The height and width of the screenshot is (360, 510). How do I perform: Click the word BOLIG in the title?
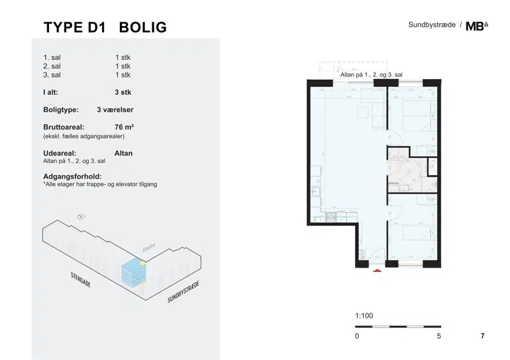(x=143, y=27)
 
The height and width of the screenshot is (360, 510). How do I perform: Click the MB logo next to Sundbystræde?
(x=477, y=26)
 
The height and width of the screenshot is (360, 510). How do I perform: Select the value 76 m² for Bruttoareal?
(x=124, y=127)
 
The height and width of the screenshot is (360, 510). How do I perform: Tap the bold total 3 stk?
(x=123, y=92)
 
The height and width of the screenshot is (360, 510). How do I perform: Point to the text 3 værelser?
(x=115, y=110)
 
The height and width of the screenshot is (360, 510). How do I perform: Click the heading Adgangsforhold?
(x=73, y=176)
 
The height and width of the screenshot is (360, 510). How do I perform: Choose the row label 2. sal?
(x=52, y=66)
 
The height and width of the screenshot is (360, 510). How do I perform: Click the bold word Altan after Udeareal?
(x=124, y=153)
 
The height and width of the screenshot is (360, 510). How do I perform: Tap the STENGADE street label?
(x=81, y=280)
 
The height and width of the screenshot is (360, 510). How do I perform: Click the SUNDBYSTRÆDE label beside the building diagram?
(x=183, y=292)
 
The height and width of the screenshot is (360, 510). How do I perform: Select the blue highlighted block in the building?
(x=134, y=273)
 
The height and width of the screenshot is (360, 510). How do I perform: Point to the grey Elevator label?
(x=149, y=247)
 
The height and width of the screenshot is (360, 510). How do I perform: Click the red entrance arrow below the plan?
(x=377, y=270)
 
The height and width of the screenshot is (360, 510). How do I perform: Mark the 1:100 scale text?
(x=364, y=316)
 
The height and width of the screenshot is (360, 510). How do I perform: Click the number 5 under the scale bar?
(x=439, y=336)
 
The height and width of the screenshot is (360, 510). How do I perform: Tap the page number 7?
(x=483, y=336)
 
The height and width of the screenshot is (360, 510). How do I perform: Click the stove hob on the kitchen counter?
(x=331, y=217)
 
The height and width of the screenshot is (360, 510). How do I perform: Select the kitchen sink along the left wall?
(x=316, y=192)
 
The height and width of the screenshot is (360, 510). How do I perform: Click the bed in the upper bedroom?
(x=418, y=116)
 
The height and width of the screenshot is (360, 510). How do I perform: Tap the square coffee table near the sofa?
(x=363, y=113)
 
